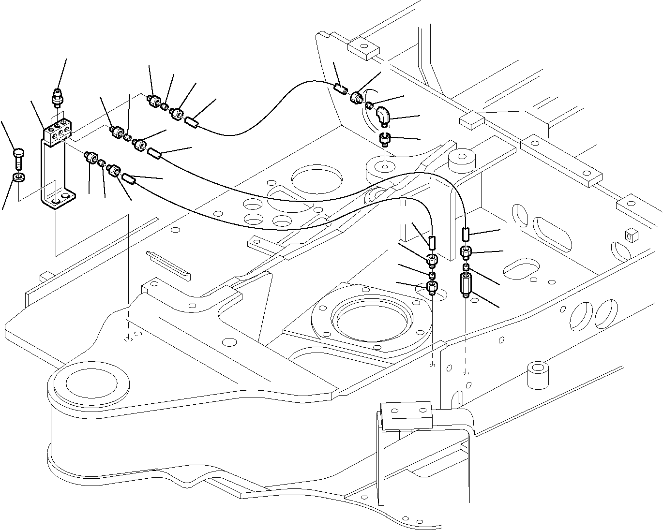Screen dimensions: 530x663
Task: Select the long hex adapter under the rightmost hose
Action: (466, 285)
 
